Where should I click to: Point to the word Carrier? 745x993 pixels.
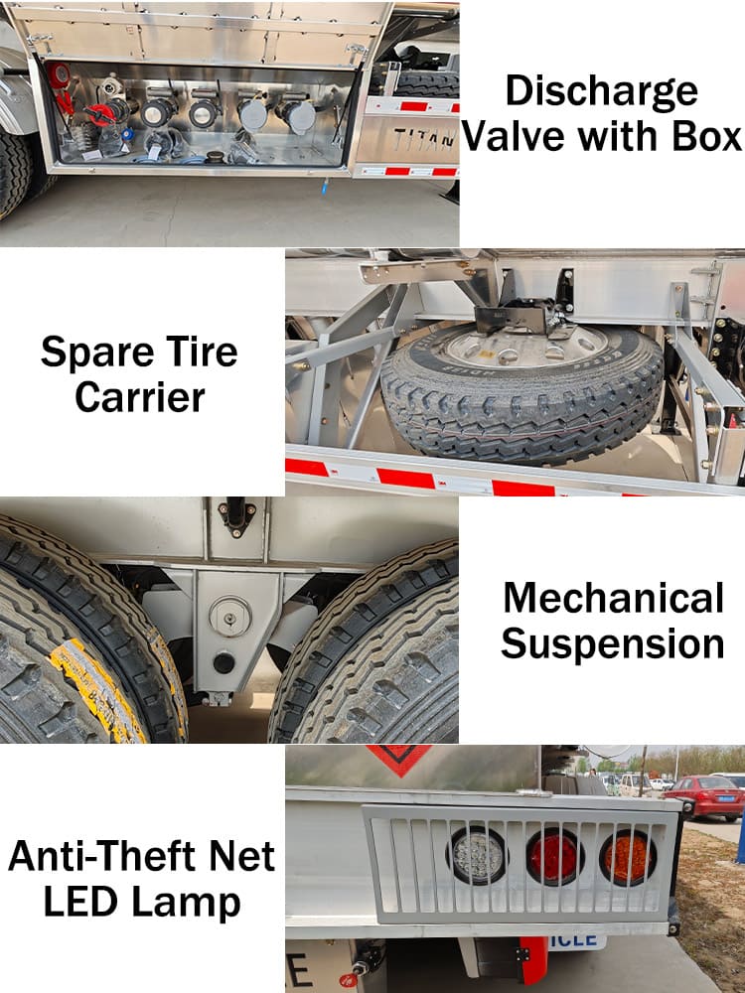[x=140, y=398]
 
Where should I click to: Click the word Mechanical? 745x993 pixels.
[x=613, y=597]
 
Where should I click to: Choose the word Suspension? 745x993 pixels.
[x=613, y=645]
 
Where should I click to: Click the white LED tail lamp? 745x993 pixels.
[x=478, y=856]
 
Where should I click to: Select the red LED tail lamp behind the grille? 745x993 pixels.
[x=554, y=857]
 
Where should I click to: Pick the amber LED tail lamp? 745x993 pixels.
[x=627, y=858]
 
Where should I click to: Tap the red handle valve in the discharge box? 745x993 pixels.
[x=101, y=114]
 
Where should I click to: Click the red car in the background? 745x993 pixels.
[x=704, y=796]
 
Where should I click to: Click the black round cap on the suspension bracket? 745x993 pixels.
[x=223, y=663]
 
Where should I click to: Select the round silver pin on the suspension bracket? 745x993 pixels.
[x=230, y=617]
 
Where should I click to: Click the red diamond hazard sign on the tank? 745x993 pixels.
[x=399, y=759]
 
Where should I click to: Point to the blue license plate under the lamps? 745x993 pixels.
[x=577, y=941]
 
